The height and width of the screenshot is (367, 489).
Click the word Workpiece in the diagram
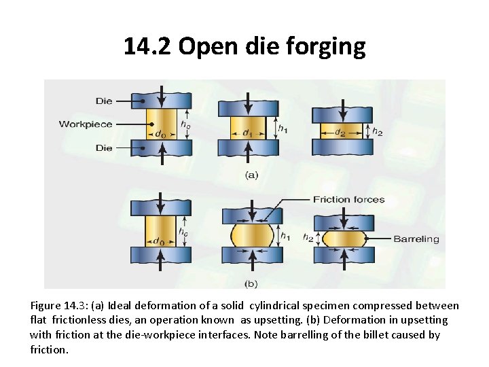[x=86, y=124]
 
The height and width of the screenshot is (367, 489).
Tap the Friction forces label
[x=348, y=199]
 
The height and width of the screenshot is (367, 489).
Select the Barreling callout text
[x=416, y=239]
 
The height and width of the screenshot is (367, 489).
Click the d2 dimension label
[x=340, y=132]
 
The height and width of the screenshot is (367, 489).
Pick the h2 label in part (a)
[x=378, y=133]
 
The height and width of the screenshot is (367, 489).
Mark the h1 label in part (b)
[x=286, y=237]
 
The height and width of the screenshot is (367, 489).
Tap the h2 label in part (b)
[x=308, y=238]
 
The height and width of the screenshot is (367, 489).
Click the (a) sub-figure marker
[x=251, y=175]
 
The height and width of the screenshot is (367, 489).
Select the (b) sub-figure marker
[x=251, y=282]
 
